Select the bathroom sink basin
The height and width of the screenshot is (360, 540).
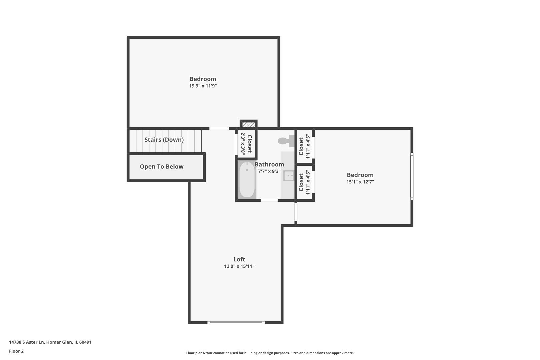[x=288, y=175]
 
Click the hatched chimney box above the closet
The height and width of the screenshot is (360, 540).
[x=249, y=125]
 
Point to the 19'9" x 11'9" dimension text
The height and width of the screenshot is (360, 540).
[x=203, y=86]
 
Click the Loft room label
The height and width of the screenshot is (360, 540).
[x=239, y=259]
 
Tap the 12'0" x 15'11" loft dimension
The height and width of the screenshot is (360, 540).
[x=239, y=266]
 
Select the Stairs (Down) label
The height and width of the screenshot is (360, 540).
[x=164, y=140]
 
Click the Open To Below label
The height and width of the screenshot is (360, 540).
[x=162, y=167]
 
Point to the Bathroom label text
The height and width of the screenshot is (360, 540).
[x=269, y=164]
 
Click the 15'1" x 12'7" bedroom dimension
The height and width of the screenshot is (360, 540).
[x=360, y=182]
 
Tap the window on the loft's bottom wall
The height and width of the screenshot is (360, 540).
[x=236, y=322]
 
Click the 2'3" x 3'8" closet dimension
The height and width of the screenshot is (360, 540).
[x=243, y=143]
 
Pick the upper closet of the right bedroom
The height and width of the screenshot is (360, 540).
[x=304, y=146]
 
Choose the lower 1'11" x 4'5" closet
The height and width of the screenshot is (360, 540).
[x=304, y=182]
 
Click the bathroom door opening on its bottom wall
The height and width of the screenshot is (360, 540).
[x=269, y=200]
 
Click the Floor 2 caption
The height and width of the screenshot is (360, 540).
[x=16, y=351]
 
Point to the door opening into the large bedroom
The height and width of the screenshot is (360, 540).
[x=219, y=128]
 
